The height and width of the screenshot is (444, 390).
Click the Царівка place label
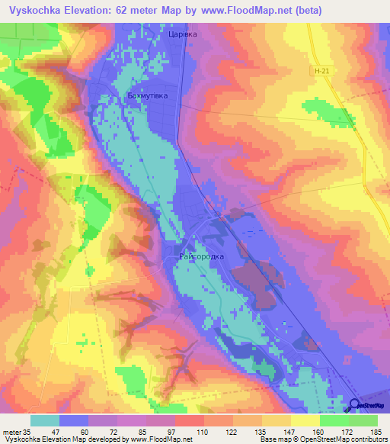(182, 34)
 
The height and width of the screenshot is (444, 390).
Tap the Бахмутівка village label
(146, 96)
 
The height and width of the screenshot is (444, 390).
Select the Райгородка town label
(202, 256)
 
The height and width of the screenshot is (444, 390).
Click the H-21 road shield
(321, 71)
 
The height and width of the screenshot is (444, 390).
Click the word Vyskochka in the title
(35, 10)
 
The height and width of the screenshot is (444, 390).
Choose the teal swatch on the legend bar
(45, 420)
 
